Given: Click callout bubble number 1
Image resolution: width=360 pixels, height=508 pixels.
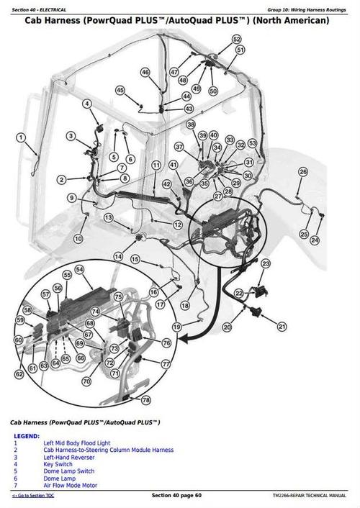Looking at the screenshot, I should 21,137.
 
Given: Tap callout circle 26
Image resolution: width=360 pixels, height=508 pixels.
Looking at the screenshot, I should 303,171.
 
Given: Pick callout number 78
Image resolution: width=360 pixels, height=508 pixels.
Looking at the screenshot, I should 146,400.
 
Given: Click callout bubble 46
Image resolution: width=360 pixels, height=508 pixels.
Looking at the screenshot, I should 145,72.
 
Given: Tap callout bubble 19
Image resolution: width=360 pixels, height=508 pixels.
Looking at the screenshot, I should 176,327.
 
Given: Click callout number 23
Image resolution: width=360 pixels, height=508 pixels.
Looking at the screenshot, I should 266,264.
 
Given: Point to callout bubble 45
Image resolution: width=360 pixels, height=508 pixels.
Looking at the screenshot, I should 120,90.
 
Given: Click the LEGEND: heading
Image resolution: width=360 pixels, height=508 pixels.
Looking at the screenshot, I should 26,436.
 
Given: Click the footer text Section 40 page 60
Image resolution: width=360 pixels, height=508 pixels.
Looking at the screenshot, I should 176,496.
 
